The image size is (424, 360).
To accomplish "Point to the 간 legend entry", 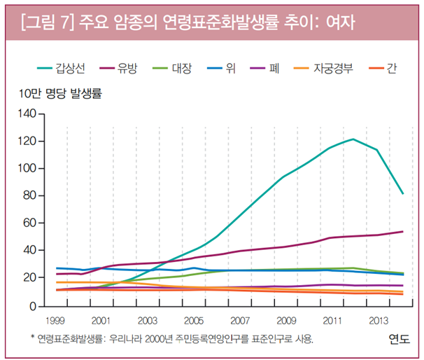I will [x=391, y=68].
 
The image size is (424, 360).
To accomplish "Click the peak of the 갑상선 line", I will [x=353, y=139].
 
